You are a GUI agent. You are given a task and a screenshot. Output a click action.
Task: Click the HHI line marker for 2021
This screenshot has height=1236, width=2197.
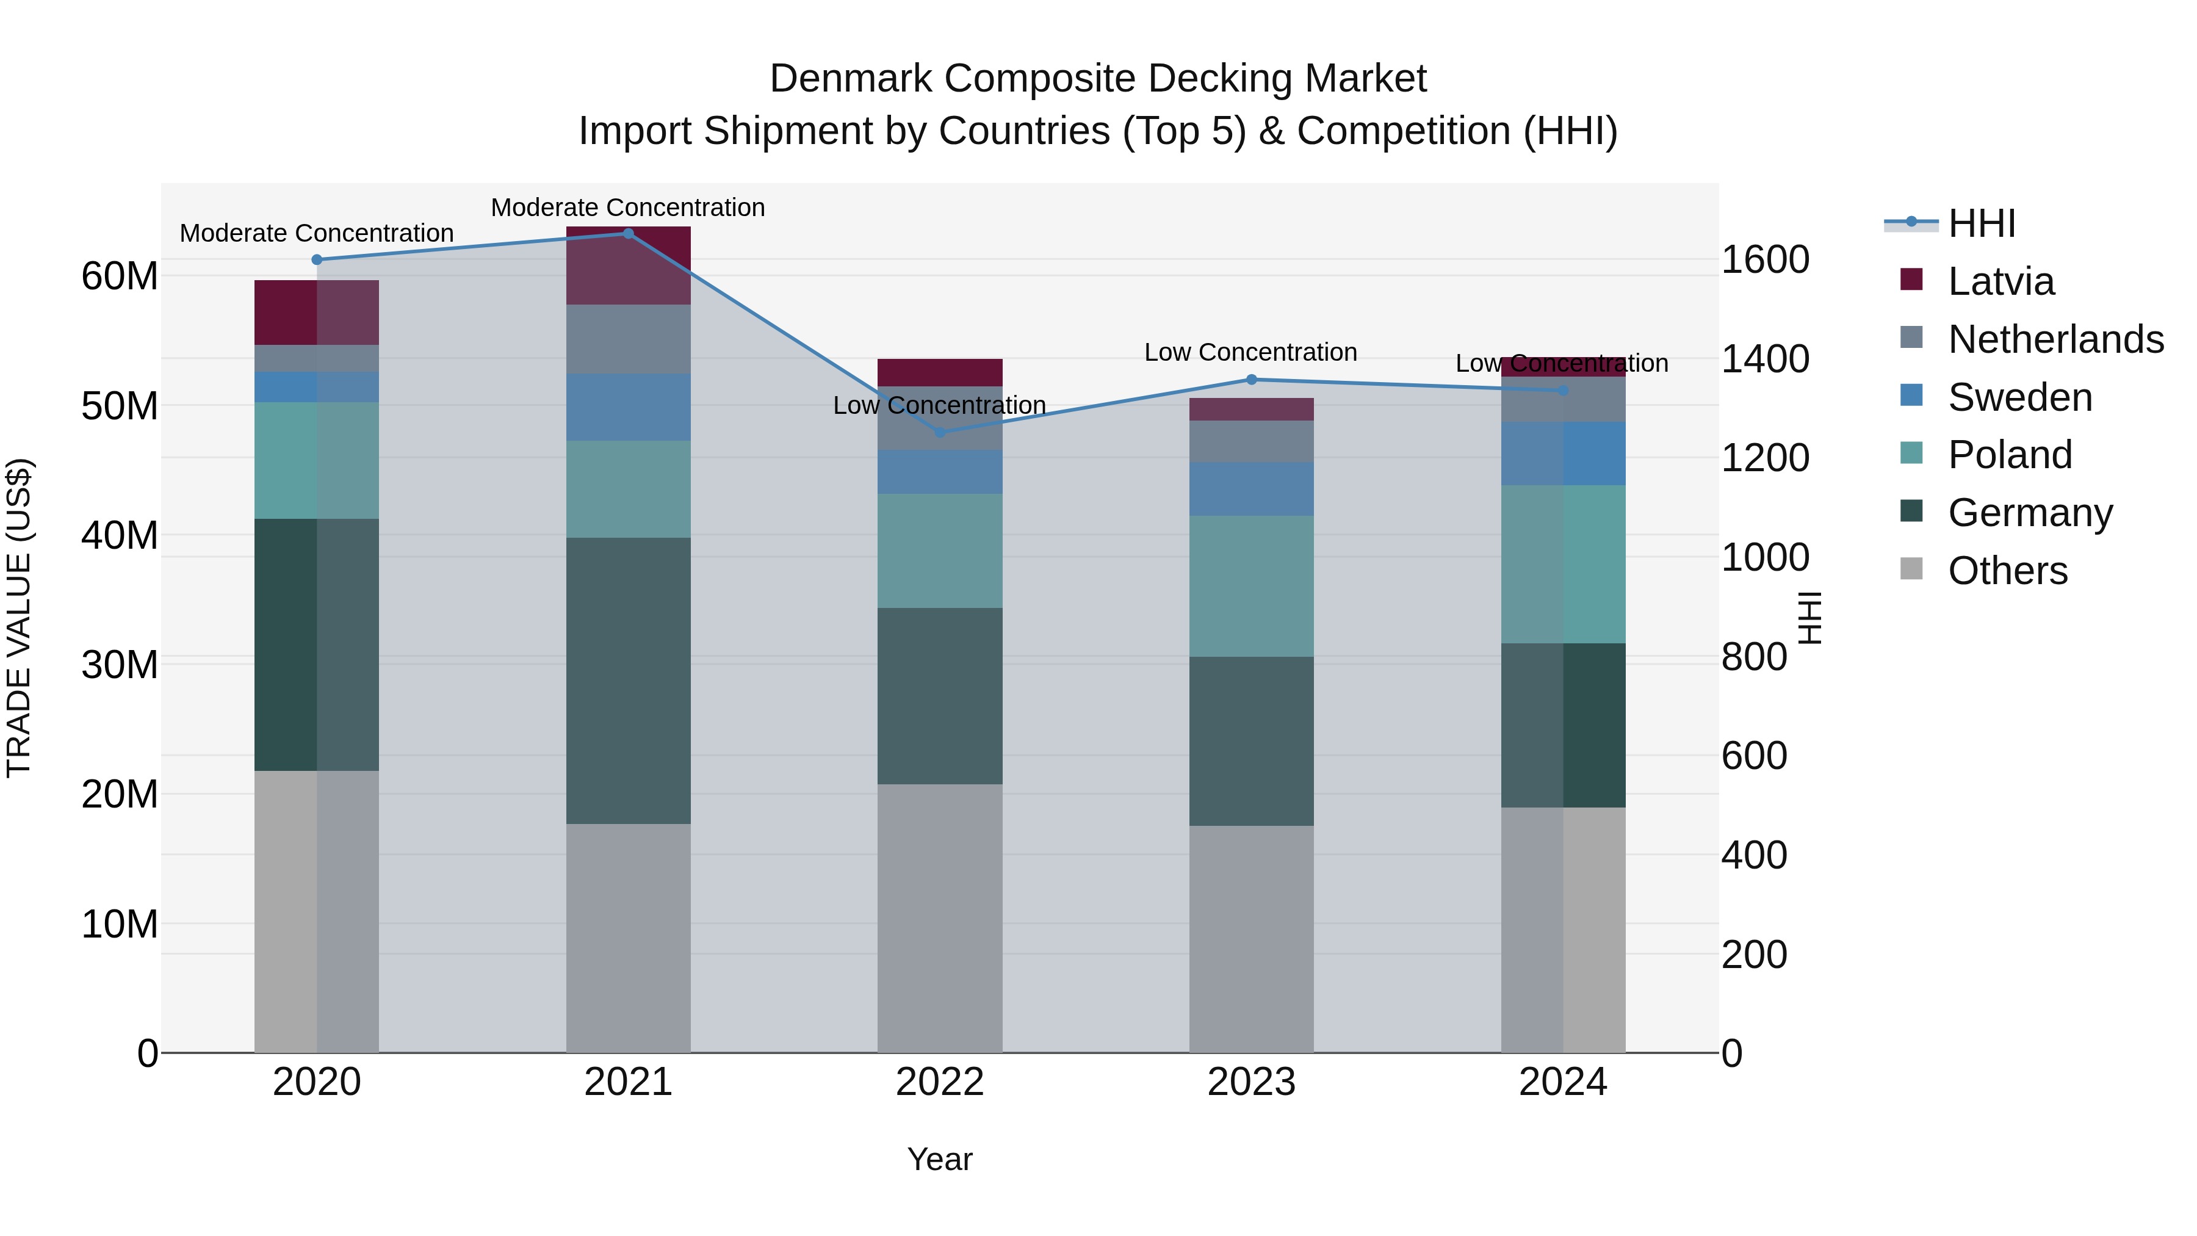click(628, 234)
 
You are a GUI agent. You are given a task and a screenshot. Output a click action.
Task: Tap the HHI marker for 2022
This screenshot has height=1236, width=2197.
click(940, 433)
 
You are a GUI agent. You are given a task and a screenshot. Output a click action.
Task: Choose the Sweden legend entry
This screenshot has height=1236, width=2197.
click(2019, 397)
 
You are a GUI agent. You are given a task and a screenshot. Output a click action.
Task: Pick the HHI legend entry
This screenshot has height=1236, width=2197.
click(1981, 223)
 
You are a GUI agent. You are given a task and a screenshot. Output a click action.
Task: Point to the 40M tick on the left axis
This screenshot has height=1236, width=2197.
click(120, 536)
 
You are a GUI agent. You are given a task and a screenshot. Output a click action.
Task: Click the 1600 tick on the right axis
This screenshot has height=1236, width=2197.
click(1764, 259)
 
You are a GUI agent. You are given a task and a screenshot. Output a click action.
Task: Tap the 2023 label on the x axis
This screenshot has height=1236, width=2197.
click(1251, 1082)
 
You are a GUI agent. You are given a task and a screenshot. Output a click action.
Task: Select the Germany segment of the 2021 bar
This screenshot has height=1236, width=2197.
click(628, 680)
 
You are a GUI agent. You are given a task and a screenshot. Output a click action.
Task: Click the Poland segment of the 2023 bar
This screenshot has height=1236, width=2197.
click(1251, 585)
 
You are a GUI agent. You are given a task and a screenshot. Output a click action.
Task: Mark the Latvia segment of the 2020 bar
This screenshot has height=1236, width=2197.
click(316, 312)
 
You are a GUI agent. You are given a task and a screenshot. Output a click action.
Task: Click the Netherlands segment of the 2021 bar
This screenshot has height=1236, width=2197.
click(628, 339)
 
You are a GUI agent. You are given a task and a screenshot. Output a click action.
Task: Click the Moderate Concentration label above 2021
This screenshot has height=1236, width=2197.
click(628, 208)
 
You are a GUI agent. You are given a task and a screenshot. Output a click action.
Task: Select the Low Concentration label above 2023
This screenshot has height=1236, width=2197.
click(1250, 352)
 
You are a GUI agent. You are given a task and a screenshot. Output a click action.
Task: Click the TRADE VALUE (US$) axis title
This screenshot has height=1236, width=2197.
click(19, 618)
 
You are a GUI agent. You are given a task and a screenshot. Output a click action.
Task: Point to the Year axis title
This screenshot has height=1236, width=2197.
click(940, 1159)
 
